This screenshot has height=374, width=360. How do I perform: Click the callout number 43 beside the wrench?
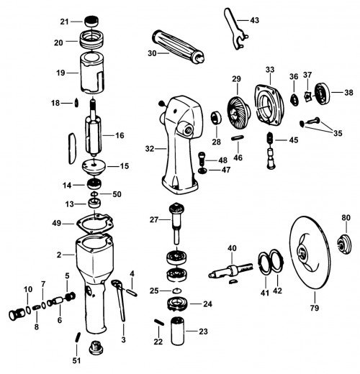pos(254,20)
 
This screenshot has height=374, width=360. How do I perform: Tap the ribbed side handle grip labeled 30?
pos(178,47)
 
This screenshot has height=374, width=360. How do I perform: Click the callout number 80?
pos(346,218)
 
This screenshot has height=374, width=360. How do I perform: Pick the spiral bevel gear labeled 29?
pos(238,110)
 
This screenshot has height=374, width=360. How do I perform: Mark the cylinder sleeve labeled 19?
pos(92,73)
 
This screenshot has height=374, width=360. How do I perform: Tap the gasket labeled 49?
pos(95,223)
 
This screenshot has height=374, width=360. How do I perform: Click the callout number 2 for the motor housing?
pos(59,255)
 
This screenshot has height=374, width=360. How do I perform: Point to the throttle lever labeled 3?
pos(120,300)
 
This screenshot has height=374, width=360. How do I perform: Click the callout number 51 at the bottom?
pos(76,360)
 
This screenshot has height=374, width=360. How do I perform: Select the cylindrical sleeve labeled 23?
pos(178,331)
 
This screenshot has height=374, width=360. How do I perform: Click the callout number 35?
pos(338,133)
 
